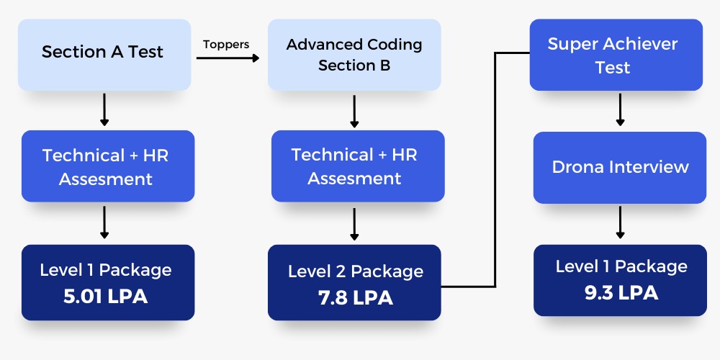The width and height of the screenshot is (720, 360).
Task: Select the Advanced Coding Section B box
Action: (354, 55)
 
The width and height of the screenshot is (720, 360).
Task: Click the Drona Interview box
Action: (620, 167)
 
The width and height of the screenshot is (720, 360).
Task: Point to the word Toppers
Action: (226, 44)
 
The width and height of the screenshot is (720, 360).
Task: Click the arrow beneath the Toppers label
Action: (228, 58)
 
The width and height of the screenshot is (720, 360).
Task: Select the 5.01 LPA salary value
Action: (106, 296)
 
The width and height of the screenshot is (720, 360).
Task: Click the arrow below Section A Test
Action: (104, 109)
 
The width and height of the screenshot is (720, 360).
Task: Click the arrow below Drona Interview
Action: (619, 222)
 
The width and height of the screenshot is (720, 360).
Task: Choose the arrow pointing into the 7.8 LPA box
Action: (354, 224)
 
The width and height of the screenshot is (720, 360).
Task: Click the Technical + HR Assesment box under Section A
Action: (107, 166)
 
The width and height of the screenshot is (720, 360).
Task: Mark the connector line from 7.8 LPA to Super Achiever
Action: (495, 173)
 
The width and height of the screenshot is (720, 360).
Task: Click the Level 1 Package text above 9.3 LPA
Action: (621, 266)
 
